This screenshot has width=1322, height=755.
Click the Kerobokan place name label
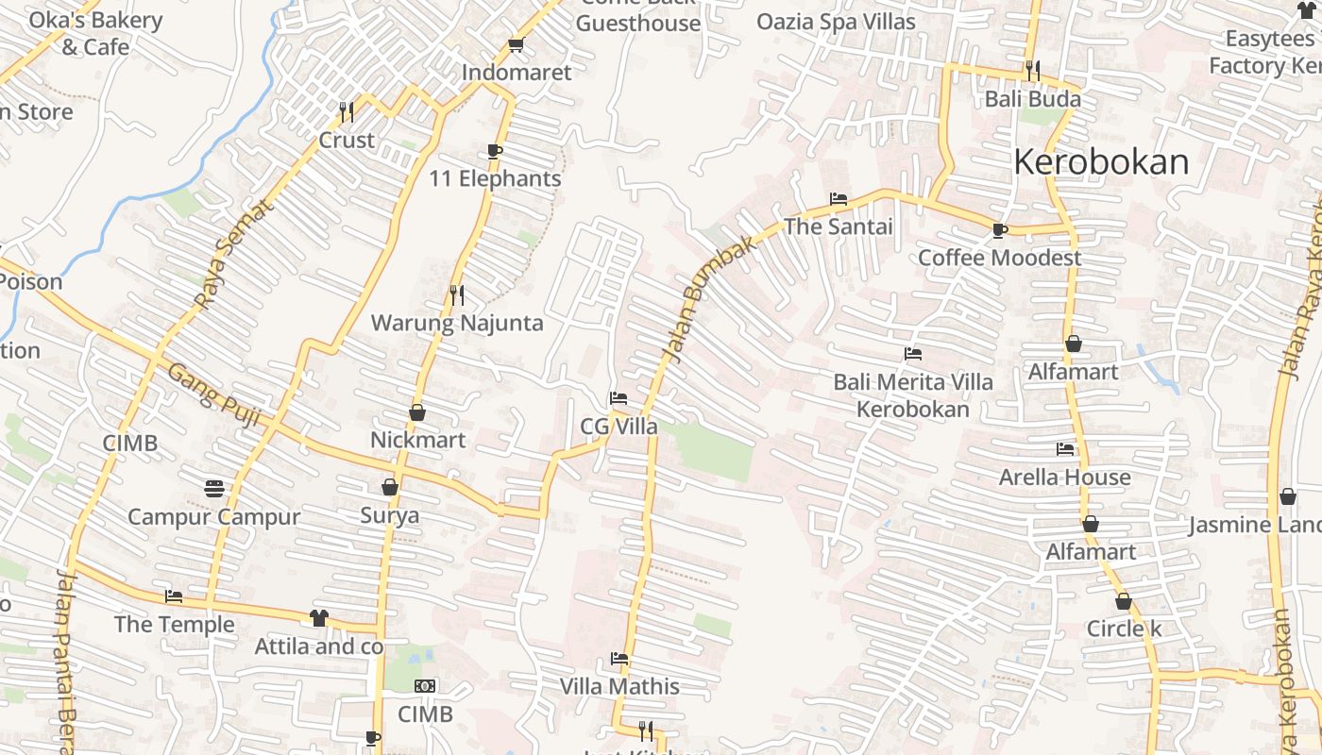click(1100, 162)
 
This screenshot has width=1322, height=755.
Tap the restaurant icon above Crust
click(347, 112)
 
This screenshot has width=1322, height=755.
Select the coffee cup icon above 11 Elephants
click(495, 151)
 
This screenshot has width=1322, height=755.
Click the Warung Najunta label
click(457, 323)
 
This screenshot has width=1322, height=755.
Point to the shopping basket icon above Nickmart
click(417, 412)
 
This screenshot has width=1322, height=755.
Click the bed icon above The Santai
click(838, 199)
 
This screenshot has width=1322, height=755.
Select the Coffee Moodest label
click(1000, 258)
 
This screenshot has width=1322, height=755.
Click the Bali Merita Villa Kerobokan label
click(912, 395)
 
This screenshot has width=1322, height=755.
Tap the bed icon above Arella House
click(1065, 449)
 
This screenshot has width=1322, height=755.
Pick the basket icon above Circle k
click(1124, 601)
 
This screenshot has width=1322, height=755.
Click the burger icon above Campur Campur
click(214, 489)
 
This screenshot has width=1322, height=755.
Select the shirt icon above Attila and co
click(318, 618)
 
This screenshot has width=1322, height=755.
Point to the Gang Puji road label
click(213, 395)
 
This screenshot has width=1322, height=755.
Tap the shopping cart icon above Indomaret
click(516, 44)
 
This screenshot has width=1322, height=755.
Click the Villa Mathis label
click(619, 686)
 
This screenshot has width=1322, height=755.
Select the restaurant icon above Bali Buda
click(1032, 71)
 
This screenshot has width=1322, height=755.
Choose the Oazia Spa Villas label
click(836, 21)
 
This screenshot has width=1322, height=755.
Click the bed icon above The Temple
click(174, 596)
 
